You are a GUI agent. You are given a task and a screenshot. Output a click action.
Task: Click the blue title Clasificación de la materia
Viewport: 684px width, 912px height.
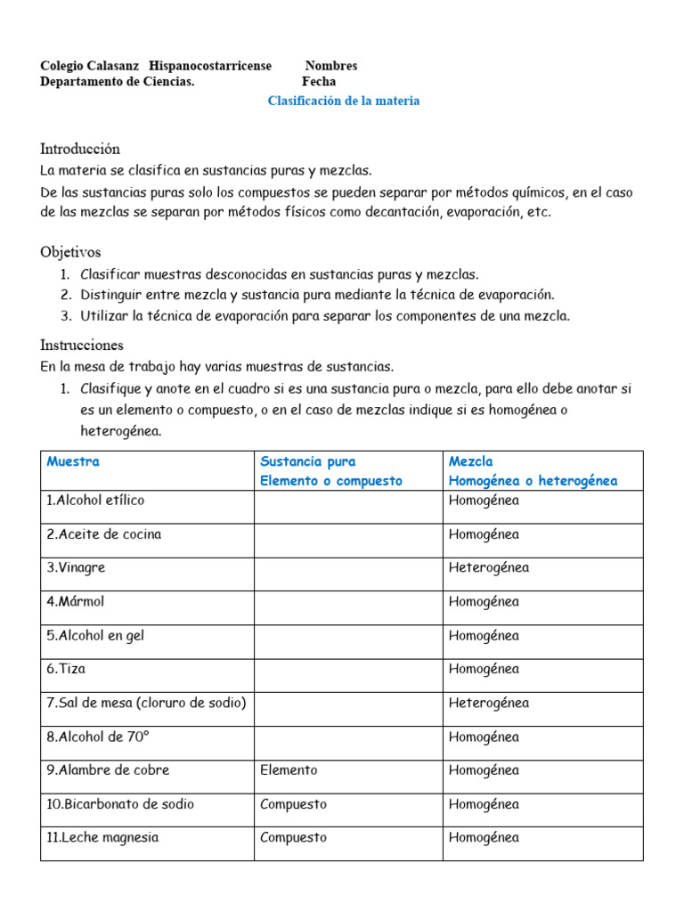click(344, 101)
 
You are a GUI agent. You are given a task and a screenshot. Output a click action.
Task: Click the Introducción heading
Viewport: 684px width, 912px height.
click(80, 149)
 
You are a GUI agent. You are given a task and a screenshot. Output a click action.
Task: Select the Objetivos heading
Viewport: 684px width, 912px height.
click(70, 252)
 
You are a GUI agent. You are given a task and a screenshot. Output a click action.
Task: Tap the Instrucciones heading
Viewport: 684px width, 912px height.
click(82, 345)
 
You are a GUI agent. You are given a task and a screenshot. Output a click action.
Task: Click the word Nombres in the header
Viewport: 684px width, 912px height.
click(330, 65)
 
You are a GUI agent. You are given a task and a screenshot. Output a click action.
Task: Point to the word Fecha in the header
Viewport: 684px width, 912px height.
click(319, 81)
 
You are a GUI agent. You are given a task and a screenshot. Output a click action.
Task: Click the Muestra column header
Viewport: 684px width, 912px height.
click(73, 461)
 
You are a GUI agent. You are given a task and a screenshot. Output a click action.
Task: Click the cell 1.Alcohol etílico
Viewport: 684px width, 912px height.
click(95, 501)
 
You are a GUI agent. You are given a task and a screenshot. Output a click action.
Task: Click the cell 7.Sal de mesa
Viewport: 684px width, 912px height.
click(146, 703)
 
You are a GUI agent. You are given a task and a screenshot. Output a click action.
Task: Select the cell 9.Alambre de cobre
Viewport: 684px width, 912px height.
click(108, 770)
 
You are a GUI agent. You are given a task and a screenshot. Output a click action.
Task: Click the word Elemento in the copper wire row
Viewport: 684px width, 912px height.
click(289, 770)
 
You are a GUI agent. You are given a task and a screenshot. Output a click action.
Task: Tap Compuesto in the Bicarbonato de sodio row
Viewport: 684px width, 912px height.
click(293, 804)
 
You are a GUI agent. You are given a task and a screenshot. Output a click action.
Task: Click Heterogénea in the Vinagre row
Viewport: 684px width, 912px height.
click(489, 567)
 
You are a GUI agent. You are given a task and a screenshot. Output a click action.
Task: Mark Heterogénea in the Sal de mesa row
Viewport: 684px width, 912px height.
click(489, 703)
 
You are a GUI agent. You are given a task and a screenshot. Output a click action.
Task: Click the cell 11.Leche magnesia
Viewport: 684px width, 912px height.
click(102, 838)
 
